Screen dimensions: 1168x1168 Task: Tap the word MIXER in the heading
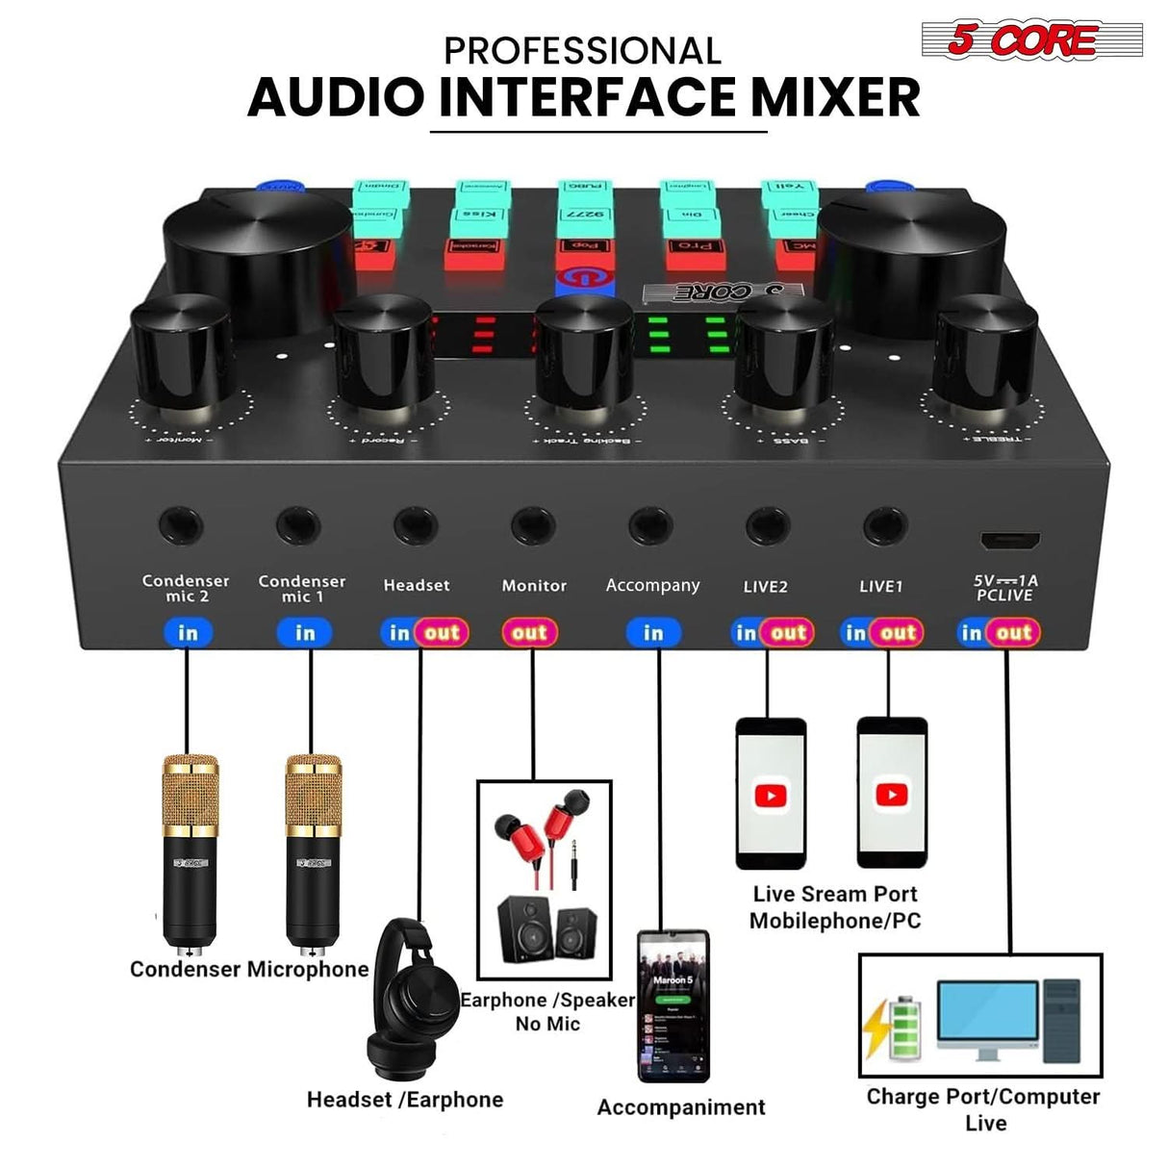835,97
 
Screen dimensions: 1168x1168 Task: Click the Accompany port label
652,585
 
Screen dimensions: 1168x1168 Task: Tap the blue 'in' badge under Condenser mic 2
188,632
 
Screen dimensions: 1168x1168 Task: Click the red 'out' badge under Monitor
529,632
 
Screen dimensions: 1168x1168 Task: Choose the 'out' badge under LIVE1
897,632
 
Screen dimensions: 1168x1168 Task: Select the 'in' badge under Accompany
653,632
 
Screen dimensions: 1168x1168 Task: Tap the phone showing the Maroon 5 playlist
673,1005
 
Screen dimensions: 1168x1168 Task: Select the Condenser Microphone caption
249,969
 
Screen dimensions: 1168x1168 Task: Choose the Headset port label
417,585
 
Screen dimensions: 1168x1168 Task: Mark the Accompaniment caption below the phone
681,1107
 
